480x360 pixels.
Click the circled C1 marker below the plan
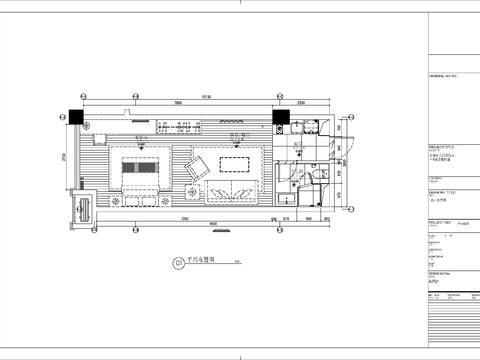179,264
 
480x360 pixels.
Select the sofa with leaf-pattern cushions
232,191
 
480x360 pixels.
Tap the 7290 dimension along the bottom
186,219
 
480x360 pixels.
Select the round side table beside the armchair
190,194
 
